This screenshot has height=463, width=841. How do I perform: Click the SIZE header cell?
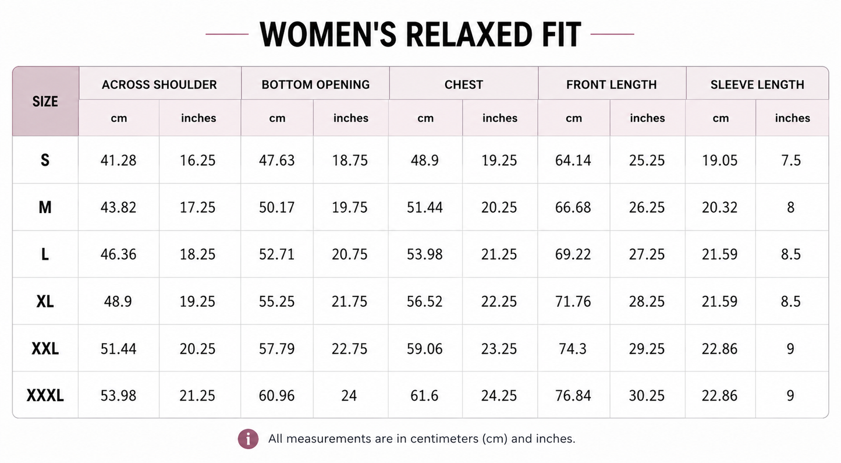point(45,101)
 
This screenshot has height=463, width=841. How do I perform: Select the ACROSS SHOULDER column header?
point(159,84)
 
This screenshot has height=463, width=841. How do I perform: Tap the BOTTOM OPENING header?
point(315,84)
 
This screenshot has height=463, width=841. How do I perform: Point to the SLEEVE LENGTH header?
point(757,84)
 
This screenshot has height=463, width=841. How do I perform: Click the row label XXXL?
point(45,395)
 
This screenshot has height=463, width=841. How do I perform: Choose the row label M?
point(45,207)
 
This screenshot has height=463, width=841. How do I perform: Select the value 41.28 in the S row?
point(118,161)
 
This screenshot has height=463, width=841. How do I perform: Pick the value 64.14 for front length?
point(573,161)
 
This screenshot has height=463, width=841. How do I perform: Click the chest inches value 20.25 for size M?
point(499,207)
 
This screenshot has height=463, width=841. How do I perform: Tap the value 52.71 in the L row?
point(276,255)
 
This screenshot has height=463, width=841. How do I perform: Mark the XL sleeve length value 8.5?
point(791,302)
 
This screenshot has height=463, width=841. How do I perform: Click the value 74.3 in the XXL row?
point(573,349)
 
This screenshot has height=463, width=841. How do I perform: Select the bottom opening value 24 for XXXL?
point(349,395)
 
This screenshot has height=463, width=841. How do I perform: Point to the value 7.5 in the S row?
point(791,161)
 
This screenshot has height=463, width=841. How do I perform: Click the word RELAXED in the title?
point(469,34)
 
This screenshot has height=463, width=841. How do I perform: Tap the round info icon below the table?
point(248,439)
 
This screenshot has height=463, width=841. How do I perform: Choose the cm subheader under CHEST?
point(425,118)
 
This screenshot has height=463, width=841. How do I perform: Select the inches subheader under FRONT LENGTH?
point(647,118)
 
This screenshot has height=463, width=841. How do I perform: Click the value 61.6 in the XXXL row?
point(424,395)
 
